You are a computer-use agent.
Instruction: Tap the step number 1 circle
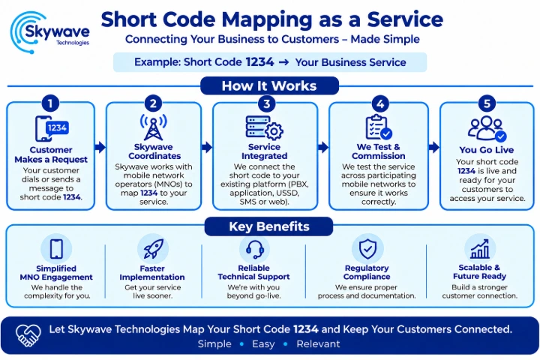[50, 103]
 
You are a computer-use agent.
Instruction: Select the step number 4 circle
[380, 103]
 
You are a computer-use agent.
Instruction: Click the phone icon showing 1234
[52, 128]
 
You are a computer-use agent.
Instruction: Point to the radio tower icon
[153, 127]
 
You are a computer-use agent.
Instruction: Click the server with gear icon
[265, 127]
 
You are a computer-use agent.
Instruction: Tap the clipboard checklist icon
[379, 127]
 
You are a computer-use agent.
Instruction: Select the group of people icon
[487, 128]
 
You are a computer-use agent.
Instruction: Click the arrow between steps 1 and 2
[100, 147]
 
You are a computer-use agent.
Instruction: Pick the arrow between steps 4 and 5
[434, 147]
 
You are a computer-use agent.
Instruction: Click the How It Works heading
[269, 85]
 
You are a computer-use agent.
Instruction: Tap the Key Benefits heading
[269, 226]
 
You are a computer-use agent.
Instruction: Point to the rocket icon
[153, 249]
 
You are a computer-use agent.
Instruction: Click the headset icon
[255, 249]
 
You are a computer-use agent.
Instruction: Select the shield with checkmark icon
[367, 249]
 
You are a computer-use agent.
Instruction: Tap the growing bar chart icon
[480, 249]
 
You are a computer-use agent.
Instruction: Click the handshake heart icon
[28, 335]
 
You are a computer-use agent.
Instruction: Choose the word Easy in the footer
[263, 343]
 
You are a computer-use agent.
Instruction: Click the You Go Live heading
[486, 150]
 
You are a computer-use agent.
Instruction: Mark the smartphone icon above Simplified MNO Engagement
[56, 249]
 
